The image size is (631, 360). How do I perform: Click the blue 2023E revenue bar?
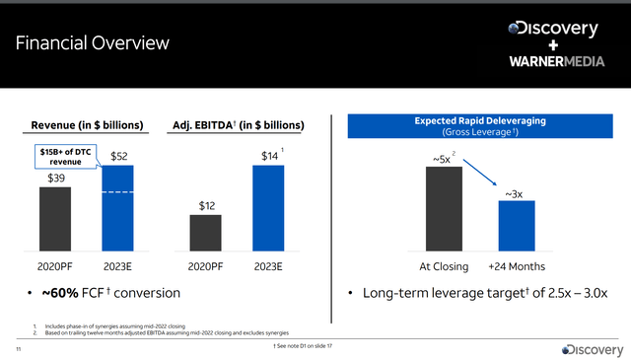[116, 208]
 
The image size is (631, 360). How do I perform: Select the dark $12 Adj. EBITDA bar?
[205, 233]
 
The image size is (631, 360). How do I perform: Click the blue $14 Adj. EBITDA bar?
[268, 208]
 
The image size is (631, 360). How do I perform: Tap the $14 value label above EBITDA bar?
[267, 155]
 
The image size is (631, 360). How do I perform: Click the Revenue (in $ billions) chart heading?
[87, 124]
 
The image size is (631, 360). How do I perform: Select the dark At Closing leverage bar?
[443, 208]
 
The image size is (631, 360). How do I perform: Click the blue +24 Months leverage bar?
[516, 226]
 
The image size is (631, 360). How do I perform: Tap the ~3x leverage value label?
[515, 193]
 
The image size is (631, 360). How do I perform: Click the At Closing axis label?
[443, 267]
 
